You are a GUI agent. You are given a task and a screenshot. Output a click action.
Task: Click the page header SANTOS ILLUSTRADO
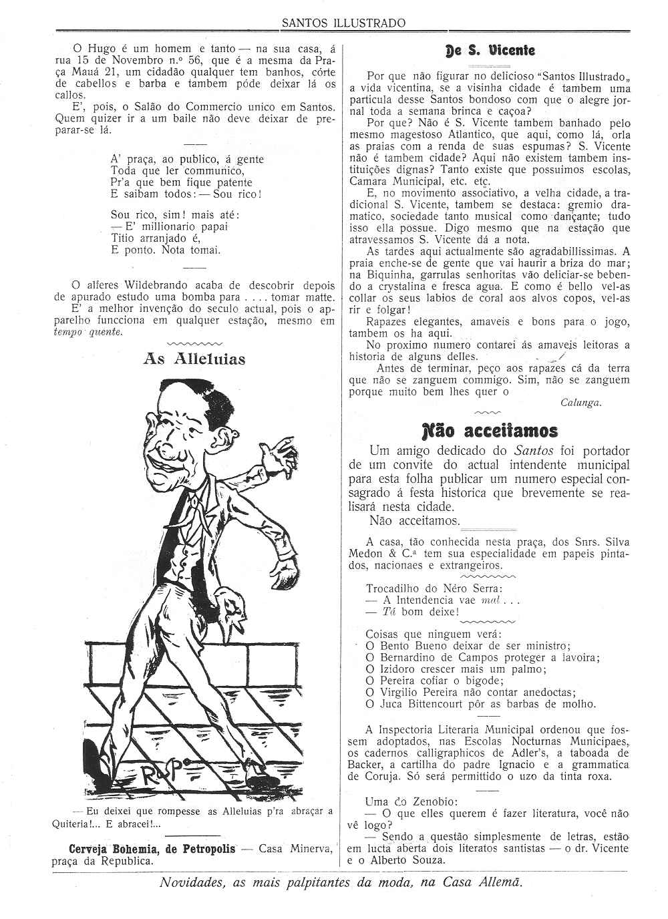343,23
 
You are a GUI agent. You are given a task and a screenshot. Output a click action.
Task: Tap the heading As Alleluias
194,359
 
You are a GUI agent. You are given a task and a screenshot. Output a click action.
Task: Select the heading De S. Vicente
490,50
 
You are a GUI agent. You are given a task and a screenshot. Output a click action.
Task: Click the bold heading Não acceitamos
490,429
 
